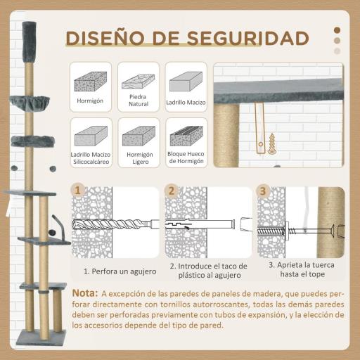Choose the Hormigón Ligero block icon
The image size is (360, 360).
pos(138,134)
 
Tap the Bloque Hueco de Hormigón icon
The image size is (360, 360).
pos(186,134)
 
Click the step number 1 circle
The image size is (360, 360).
pos(78,191)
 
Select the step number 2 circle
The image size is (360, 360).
pos(169,191)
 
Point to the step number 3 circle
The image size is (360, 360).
pos(262,191)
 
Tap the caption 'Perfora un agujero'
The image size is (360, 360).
pos(116,270)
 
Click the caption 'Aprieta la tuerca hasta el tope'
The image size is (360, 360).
pos(300,270)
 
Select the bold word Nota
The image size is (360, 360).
pos(84,292)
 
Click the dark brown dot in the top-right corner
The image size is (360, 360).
pos(337,30)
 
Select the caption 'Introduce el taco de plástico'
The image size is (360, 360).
pos(208,271)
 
